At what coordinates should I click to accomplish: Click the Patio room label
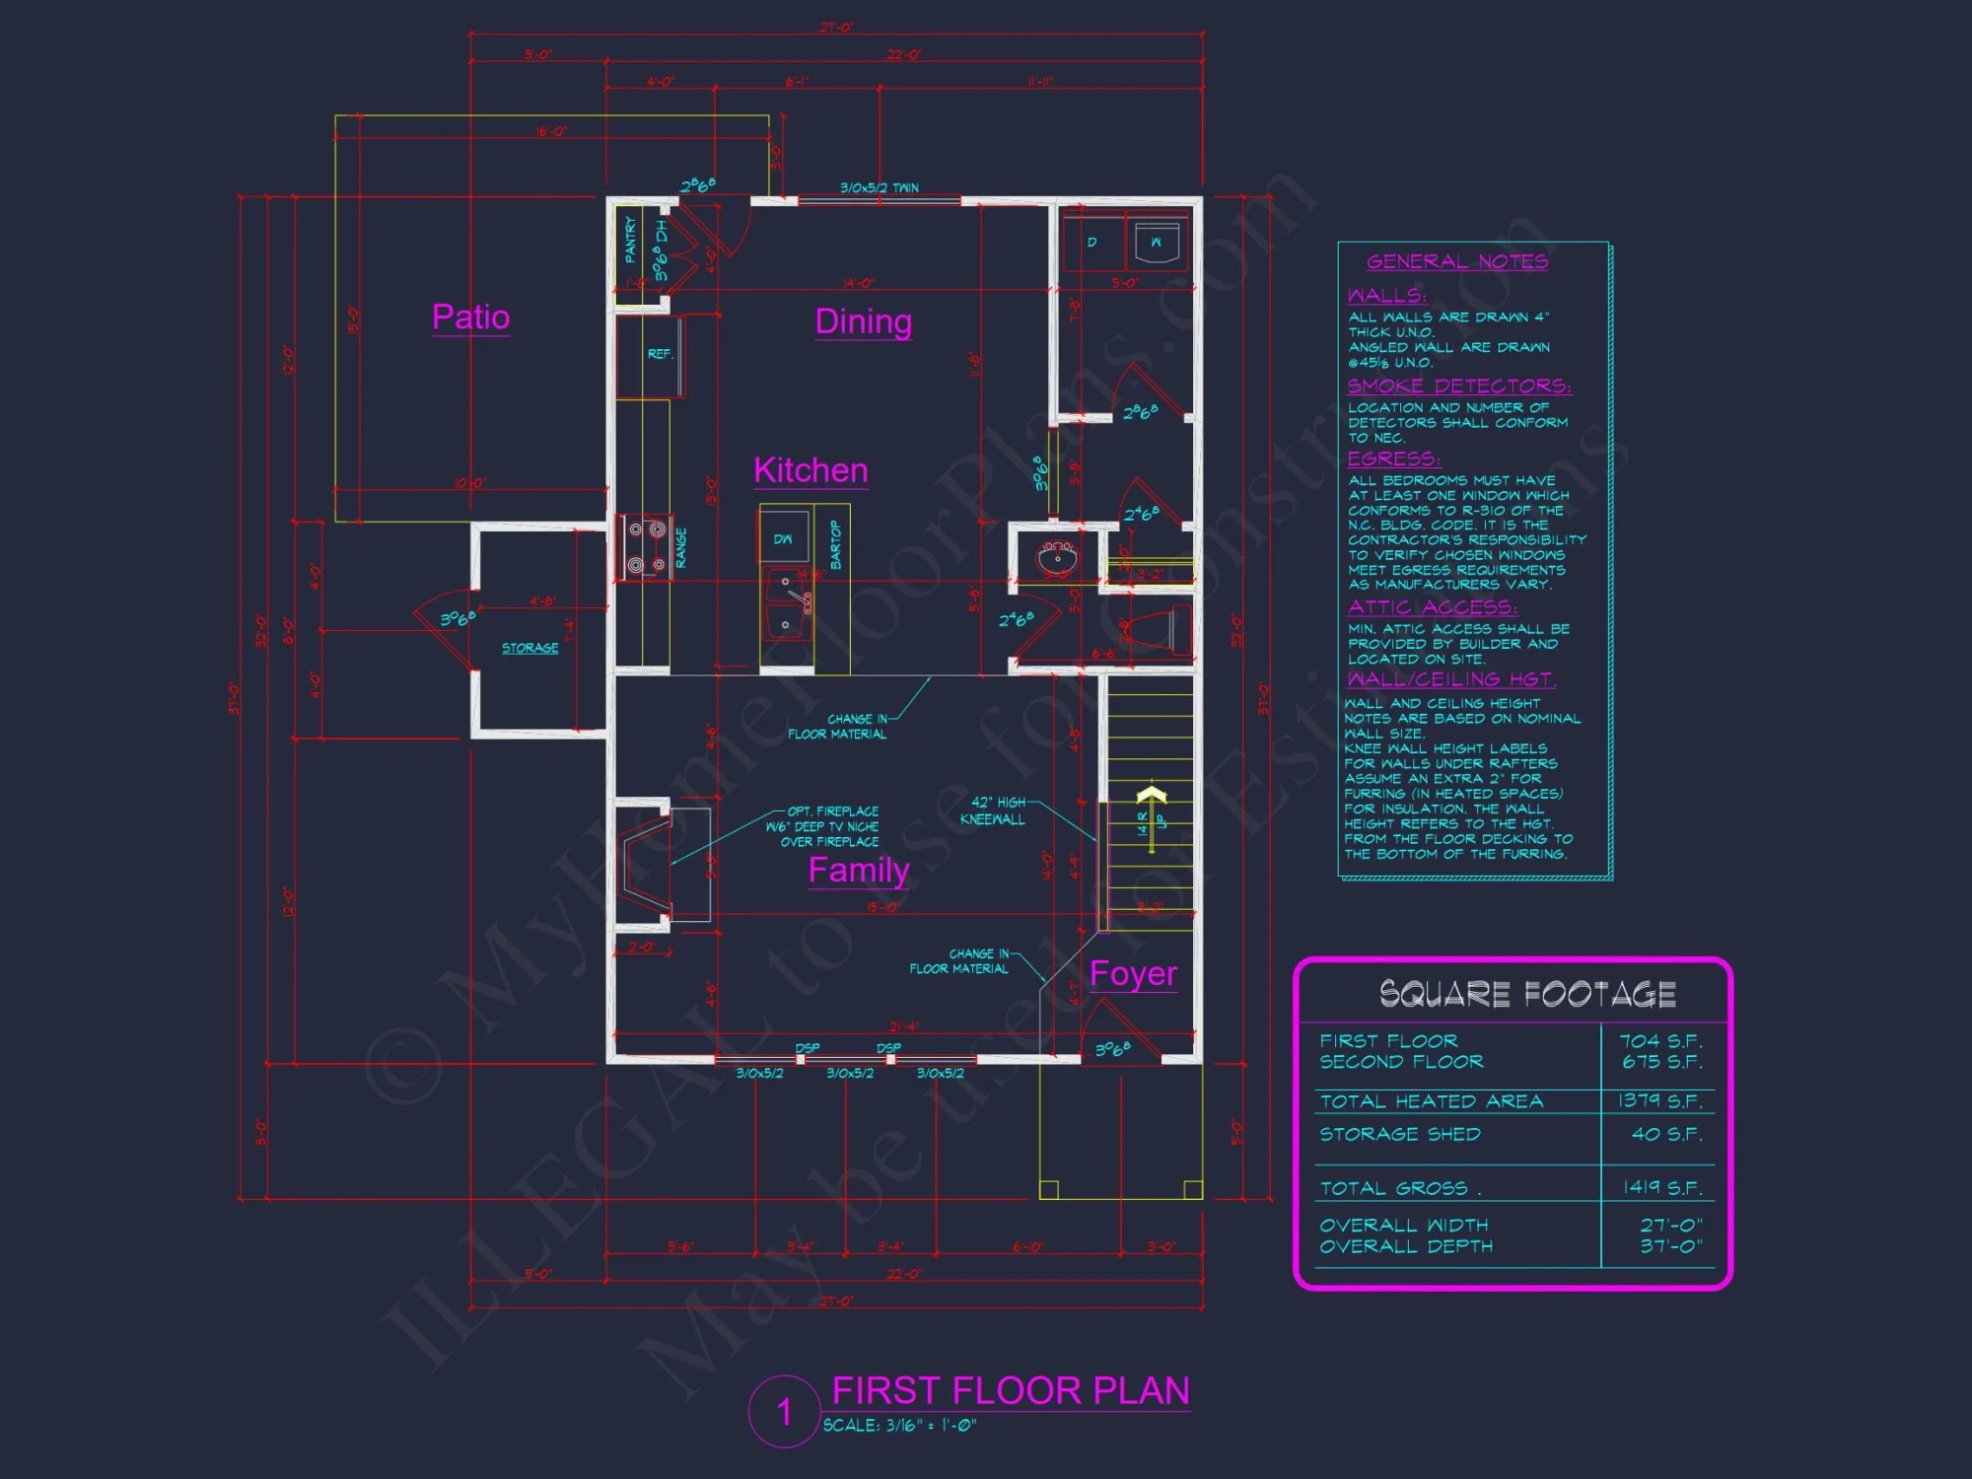coord(470,317)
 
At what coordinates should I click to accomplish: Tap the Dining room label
coord(863,321)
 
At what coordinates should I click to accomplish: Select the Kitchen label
coord(810,470)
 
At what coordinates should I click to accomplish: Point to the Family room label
coord(858,870)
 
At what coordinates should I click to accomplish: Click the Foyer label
coord(1133,973)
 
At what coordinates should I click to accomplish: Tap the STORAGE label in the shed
coord(529,648)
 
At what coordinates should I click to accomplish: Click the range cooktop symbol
coord(644,547)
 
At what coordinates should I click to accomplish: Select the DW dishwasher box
coord(783,539)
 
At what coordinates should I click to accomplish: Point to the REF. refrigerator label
coord(660,354)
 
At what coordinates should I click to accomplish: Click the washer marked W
coord(1156,243)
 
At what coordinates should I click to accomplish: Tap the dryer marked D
coord(1092,243)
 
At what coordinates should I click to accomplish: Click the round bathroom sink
coord(1057,559)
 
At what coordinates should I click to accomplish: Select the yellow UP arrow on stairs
coord(1151,795)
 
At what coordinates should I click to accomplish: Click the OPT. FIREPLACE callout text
coord(831,811)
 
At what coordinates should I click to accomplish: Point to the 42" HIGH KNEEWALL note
coord(994,810)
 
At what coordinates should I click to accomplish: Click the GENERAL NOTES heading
coord(1456,261)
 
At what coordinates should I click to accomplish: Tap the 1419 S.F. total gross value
coord(1661,1187)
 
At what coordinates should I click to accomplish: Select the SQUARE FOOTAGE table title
coord(1526,994)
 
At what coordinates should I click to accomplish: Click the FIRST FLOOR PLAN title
coord(1010,1390)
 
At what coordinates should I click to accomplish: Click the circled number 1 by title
coord(784,1412)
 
